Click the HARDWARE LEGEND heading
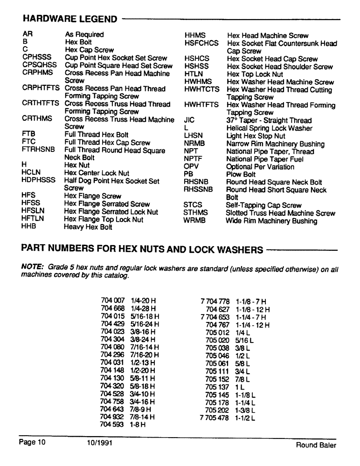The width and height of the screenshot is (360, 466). point(69,19)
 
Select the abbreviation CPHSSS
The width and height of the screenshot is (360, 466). point(36,58)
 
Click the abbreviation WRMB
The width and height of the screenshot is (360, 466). point(194,221)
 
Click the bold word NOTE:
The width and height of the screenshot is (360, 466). point(33,269)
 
